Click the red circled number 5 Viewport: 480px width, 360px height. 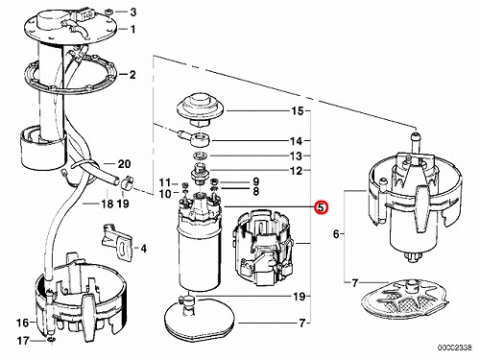321,206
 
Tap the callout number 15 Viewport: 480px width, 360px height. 297,111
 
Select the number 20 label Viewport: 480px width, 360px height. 124,164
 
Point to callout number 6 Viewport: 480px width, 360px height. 336,234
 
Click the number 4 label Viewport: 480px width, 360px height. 143,249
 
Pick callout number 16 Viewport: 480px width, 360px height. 23,323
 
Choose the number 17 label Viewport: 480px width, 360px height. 23,341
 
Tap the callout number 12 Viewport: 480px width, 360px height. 296,171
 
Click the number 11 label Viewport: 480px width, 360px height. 165,182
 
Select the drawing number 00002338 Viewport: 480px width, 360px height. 455,348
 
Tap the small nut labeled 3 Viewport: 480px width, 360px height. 108,12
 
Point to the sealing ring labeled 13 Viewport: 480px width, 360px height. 200,156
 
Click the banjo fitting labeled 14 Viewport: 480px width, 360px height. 196,138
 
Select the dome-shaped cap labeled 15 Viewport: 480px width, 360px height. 200,108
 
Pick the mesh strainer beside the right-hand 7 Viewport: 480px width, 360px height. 404,297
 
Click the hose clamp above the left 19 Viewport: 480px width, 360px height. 128,182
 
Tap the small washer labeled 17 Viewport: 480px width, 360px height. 52,339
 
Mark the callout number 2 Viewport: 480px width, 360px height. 132,75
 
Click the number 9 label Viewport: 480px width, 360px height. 255,181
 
